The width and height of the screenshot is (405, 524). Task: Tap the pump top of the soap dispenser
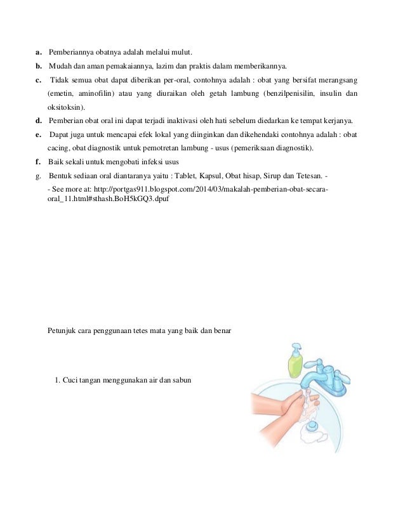click(295, 347)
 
